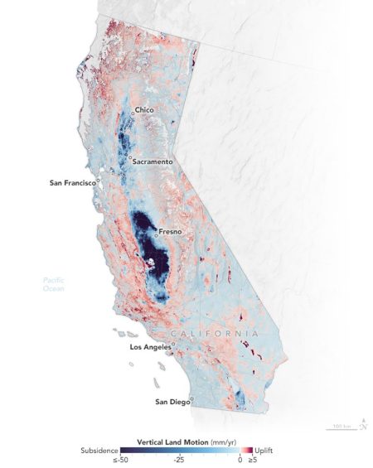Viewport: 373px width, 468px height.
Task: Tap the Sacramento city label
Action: (x=153, y=162)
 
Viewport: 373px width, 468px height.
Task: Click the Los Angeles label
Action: (x=153, y=347)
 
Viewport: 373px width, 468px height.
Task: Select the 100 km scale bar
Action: (x=342, y=427)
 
